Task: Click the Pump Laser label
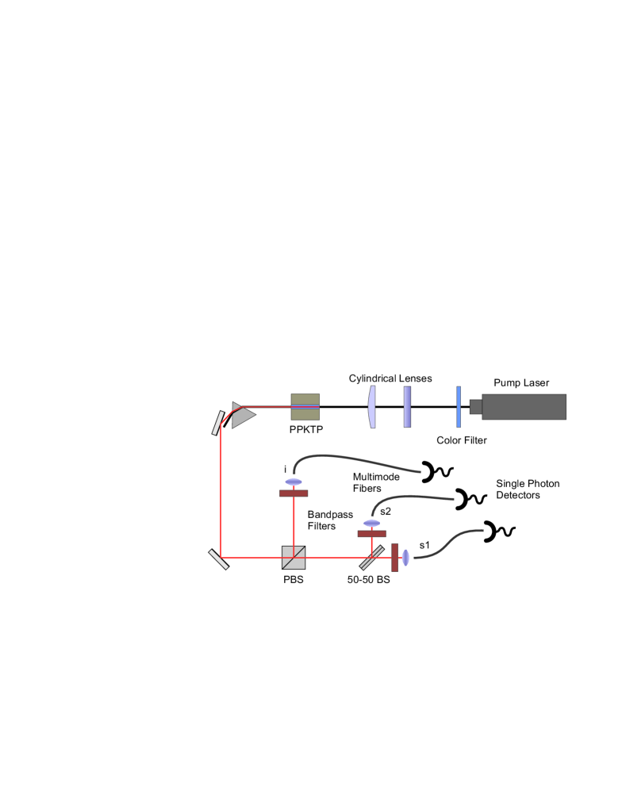tap(520, 383)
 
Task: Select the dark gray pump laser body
tap(523, 407)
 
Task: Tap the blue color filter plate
tap(459, 407)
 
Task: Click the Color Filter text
tap(462, 440)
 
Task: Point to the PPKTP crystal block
tap(305, 407)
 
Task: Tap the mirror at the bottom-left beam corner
tap(220, 559)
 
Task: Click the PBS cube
tap(294, 558)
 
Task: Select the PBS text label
tap(294, 580)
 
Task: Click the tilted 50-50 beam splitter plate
tap(371, 557)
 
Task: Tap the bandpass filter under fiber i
tap(294, 493)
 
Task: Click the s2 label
tap(386, 511)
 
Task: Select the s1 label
tap(424, 545)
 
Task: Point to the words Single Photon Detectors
tap(528, 489)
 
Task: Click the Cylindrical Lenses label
tap(390, 379)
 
